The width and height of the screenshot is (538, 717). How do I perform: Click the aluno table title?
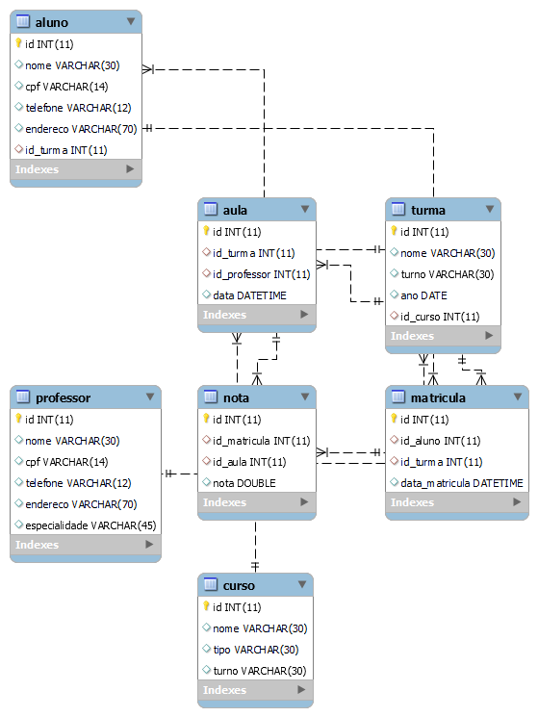click(50, 21)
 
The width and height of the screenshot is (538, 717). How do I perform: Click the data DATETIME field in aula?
click(249, 295)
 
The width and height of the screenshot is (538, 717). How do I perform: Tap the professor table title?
click(63, 397)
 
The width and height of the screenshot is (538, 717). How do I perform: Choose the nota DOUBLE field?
click(243, 483)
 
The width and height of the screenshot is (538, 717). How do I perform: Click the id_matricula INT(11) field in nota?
click(261, 441)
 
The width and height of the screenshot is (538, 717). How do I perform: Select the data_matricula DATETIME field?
click(462, 483)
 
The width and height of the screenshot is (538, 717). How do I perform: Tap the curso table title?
click(239, 585)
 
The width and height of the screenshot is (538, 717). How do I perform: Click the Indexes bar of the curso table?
click(256, 690)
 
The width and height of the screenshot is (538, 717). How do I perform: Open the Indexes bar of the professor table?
click(85, 545)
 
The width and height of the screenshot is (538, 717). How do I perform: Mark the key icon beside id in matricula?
click(394, 419)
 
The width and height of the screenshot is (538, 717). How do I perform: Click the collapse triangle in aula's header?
click(305, 209)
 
